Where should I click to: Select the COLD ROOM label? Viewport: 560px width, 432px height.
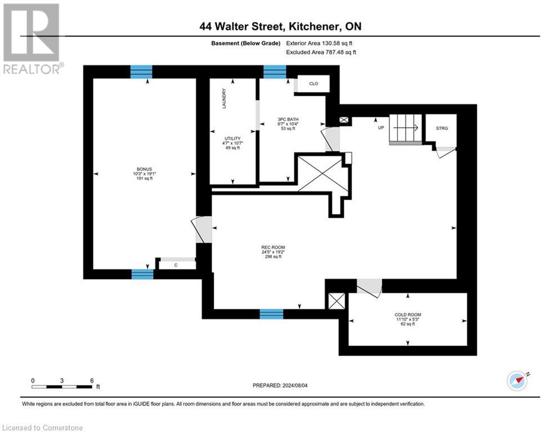point(407,319)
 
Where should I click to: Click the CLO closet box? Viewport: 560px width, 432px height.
point(313,84)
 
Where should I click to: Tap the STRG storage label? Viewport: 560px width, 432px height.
point(442,128)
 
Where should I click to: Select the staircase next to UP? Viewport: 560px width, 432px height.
point(405,129)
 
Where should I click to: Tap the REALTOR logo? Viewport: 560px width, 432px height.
point(32,39)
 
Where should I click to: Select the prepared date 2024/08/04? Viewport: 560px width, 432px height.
point(279,385)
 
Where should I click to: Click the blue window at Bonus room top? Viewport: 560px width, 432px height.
point(141,71)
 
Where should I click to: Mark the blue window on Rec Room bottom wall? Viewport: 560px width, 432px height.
point(271,314)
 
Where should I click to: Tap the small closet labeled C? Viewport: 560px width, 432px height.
point(176,264)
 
